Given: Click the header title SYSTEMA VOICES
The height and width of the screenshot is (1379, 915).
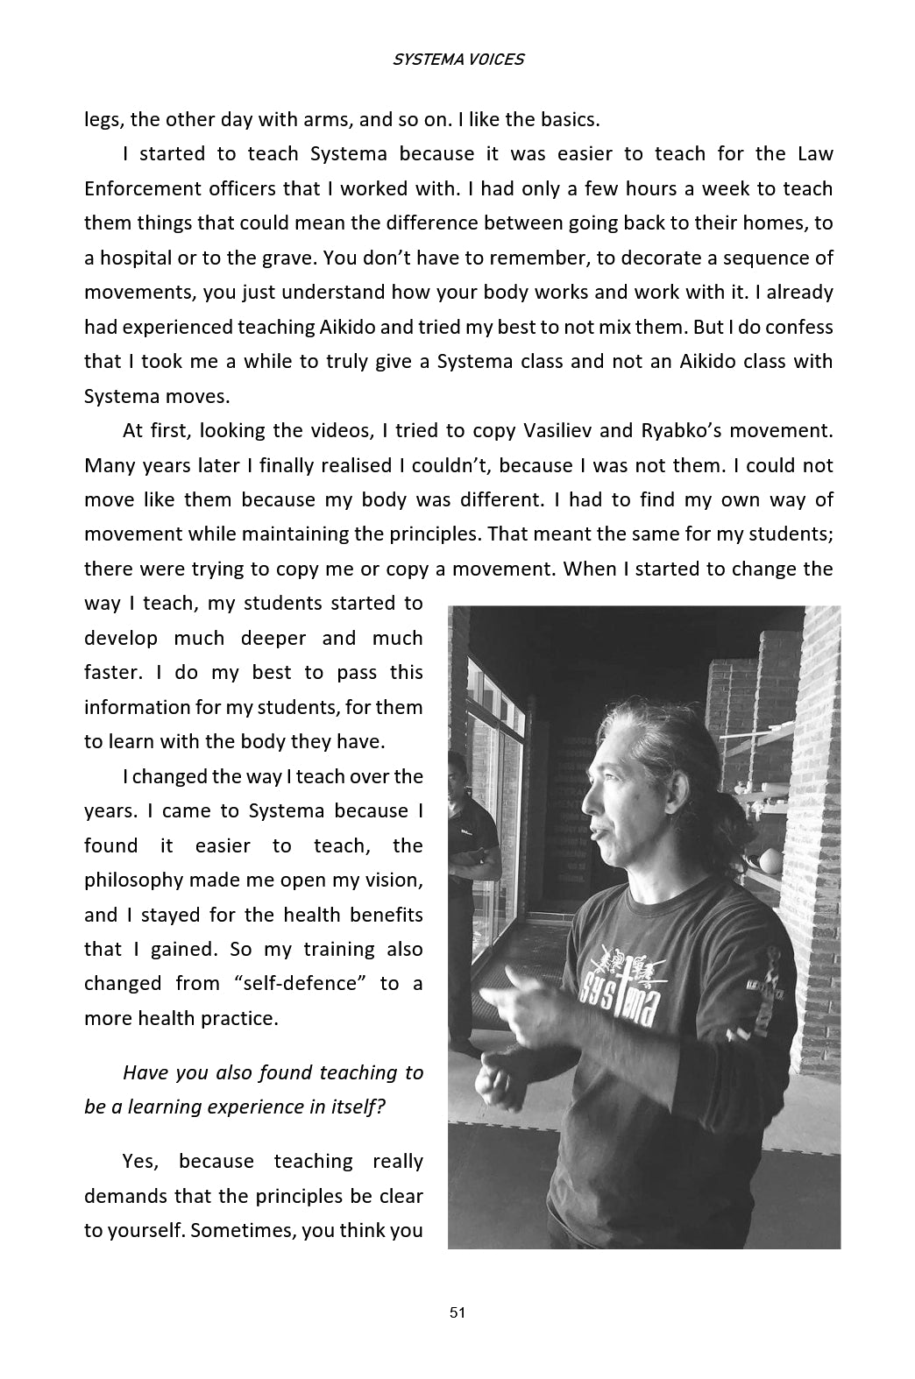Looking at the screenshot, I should [x=457, y=60].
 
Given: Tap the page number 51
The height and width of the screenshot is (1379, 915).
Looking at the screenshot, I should [x=457, y=1312].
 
